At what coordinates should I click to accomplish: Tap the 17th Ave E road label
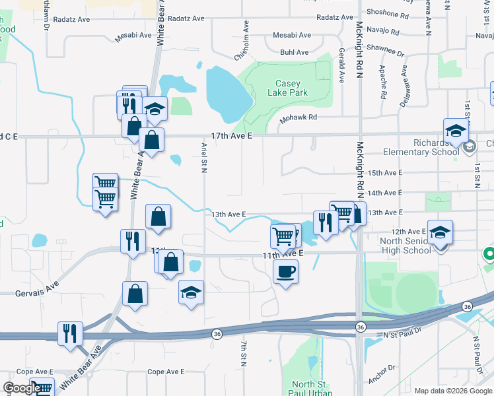(232, 135)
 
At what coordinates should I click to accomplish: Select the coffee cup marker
(285, 271)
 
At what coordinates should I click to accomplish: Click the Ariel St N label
(205, 157)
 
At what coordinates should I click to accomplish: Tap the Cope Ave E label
(166, 372)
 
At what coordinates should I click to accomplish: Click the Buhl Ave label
(294, 52)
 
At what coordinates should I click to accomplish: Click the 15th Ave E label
(384, 173)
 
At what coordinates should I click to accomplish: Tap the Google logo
(21, 388)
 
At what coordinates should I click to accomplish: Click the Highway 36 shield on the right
(468, 306)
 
